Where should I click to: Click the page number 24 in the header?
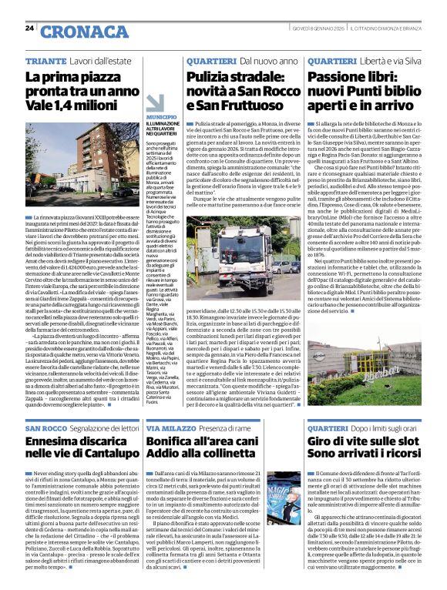(30, 28)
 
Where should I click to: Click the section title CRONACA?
(76, 32)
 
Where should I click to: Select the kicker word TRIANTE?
(45, 60)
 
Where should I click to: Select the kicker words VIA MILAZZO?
(172, 427)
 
